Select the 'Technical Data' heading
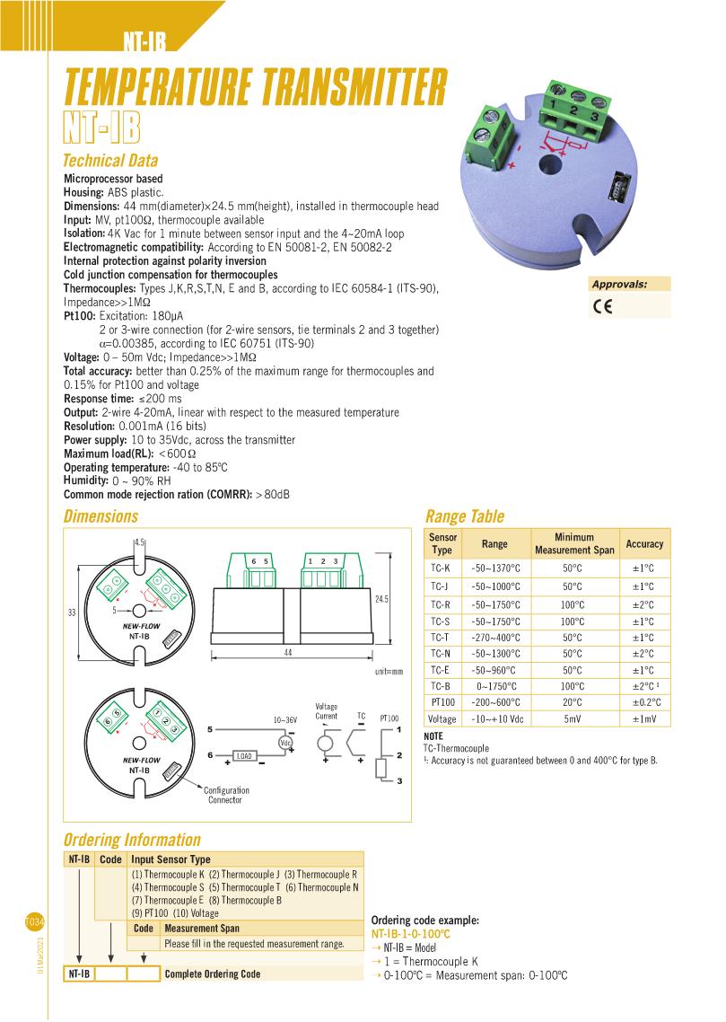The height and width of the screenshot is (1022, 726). pos(109,161)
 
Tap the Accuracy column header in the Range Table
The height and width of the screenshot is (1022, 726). pos(644,543)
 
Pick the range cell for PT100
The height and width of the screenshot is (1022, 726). pos(494,702)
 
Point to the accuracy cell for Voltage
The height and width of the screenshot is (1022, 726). pos(644,719)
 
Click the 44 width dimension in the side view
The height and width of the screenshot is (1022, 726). pos(287,653)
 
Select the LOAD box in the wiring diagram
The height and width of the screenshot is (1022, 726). pos(244,755)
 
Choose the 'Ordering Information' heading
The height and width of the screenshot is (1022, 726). pos(131,840)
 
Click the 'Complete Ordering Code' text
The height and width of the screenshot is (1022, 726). pos(213,974)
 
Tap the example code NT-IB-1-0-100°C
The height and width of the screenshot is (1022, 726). pos(410,934)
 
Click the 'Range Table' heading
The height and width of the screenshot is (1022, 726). pos(464,516)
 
